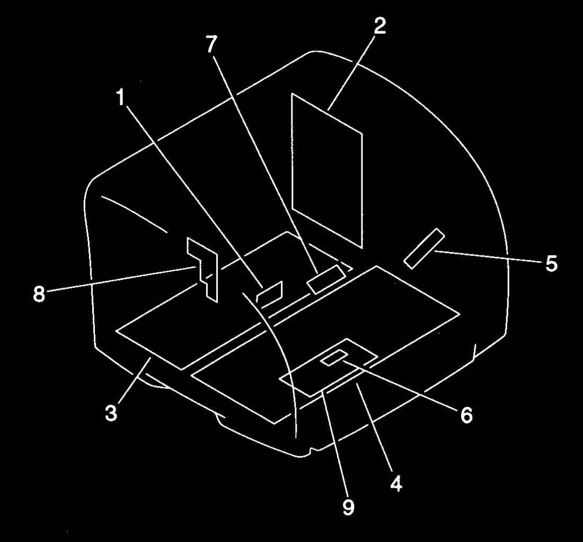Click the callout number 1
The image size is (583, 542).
(x=120, y=98)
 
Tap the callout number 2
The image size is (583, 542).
(x=379, y=26)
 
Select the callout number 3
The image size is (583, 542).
(x=111, y=413)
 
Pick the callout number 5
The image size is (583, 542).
(x=551, y=263)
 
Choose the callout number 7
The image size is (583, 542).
(x=211, y=45)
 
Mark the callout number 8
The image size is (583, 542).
(x=39, y=295)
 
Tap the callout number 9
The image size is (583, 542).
(x=348, y=507)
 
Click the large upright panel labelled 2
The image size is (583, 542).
(x=327, y=170)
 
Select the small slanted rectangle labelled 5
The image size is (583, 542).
(x=424, y=248)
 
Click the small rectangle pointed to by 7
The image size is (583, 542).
(x=326, y=280)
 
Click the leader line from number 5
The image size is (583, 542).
(x=488, y=257)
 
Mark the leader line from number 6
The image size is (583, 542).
(x=400, y=384)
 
